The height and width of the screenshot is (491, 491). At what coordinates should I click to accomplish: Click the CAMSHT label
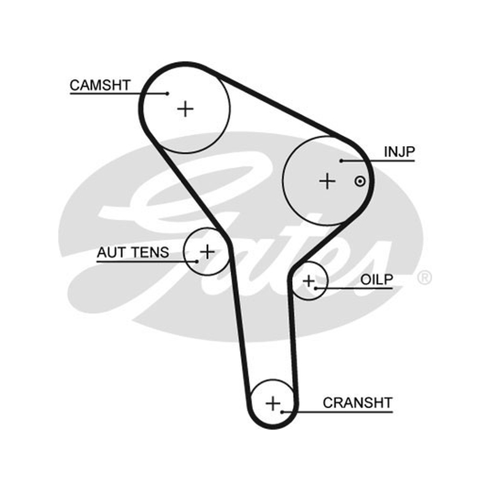tap(100, 85)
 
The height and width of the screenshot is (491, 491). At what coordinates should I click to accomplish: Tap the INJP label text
tap(400, 152)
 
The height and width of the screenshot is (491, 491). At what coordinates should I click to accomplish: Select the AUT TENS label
tap(133, 252)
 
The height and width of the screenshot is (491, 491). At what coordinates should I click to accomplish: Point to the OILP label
tap(376, 280)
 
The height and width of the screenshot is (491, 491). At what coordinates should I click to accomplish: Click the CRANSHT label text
tap(358, 403)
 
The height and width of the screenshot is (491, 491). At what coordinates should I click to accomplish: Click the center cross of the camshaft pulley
tap(185, 109)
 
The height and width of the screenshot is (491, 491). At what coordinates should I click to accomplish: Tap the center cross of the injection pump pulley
tap(327, 181)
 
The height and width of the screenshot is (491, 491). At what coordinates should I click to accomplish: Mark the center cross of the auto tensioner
tap(207, 252)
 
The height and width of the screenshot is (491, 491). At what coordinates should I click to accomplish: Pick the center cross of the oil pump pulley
tap(309, 281)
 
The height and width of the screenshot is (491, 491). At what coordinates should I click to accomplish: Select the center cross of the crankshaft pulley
tap(273, 403)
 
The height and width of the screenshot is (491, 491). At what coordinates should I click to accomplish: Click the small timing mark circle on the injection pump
tap(360, 181)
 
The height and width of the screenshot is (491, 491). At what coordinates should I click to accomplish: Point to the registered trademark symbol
tap(424, 277)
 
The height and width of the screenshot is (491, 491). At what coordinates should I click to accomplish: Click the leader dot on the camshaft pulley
tap(168, 93)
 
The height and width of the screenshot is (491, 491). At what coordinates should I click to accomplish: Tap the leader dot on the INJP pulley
tap(341, 161)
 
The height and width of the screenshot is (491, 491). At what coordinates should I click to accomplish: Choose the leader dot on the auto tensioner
tap(196, 261)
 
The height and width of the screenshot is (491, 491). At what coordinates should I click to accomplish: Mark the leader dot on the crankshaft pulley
tap(282, 412)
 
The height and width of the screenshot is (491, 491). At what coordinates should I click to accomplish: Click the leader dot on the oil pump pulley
tap(316, 288)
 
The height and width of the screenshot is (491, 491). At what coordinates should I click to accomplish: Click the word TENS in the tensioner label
tap(150, 252)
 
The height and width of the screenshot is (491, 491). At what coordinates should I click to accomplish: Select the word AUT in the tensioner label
tap(111, 252)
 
